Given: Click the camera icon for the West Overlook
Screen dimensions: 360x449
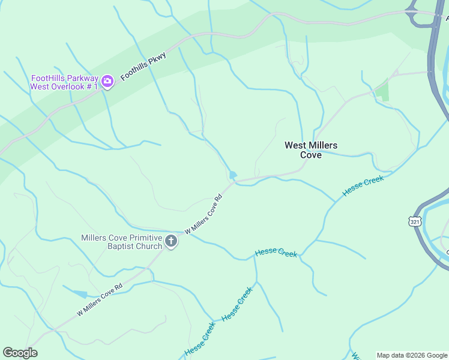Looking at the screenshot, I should click(x=107, y=81).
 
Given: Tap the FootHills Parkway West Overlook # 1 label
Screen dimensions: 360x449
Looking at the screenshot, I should click(x=65, y=82).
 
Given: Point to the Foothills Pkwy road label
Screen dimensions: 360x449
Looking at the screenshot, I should click(x=143, y=66).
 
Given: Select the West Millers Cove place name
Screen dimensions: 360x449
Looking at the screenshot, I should click(x=311, y=150).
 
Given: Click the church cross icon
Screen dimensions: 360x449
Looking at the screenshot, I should click(x=171, y=242).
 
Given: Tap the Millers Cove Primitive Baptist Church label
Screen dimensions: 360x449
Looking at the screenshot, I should click(x=122, y=242).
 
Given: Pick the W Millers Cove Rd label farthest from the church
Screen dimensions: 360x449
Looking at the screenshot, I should click(x=100, y=299).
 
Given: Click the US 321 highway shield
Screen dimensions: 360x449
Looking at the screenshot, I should click(x=415, y=222).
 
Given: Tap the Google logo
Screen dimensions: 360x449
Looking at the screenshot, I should click(x=20, y=353).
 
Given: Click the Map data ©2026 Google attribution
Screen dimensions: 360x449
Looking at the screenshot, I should click(x=412, y=355).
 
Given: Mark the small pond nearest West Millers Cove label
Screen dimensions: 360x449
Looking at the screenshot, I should click(x=233, y=175).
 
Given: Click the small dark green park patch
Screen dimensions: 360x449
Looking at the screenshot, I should click(x=382, y=92).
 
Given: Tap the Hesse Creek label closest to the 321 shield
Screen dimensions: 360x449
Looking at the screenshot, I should click(x=363, y=186).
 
